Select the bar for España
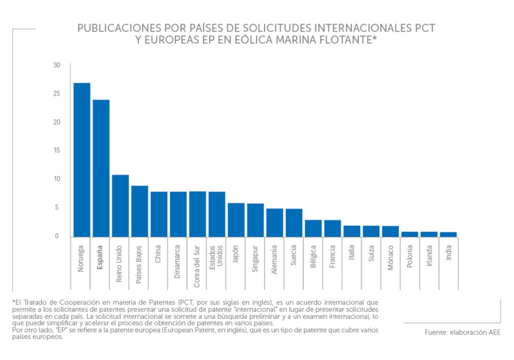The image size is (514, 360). [101, 168]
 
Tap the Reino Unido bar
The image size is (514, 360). [120, 206]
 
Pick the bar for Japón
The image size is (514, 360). [236, 220]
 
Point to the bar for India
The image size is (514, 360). [448, 234]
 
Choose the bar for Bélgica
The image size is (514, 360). [313, 228]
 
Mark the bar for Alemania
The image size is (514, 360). [275, 222]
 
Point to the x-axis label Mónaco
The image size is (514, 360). [391, 258]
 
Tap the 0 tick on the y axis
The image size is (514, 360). [57, 236]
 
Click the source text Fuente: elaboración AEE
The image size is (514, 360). [462, 332]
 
